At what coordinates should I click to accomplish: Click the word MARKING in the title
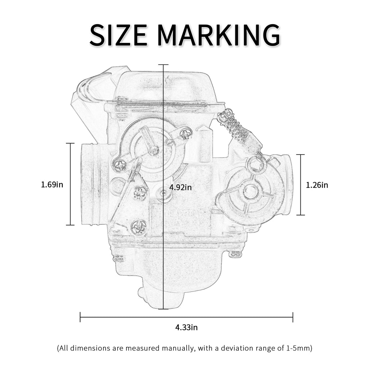[x=219, y=36]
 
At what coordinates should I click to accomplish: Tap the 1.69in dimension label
[x=52, y=185]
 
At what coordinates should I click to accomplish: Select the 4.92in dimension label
[x=181, y=187]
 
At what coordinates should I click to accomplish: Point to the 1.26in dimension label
[x=317, y=185]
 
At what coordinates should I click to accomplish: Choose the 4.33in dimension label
[x=186, y=328]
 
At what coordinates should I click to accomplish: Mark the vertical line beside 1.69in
[x=70, y=184]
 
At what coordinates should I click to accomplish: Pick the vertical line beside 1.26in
[x=301, y=185]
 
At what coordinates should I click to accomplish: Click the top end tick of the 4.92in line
[x=163, y=65]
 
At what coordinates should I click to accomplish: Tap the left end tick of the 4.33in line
[x=80, y=317]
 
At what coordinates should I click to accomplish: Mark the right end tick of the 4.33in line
[x=293, y=317]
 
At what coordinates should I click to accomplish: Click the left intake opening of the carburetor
[x=90, y=184]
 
